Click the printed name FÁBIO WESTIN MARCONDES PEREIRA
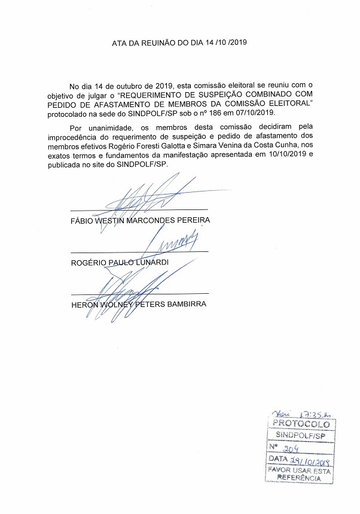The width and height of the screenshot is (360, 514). coord(141,220)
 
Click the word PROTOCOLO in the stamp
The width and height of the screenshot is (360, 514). coord(301,424)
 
